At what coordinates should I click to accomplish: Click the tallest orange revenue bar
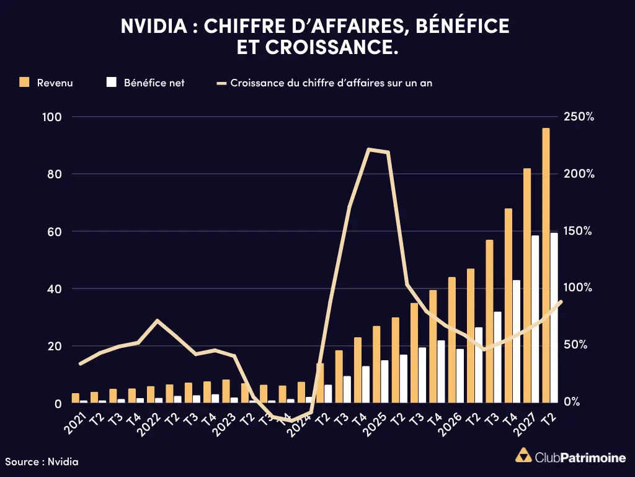[x=546, y=265]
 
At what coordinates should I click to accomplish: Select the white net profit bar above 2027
[x=535, y=319]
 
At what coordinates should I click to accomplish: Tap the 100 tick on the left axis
[x=52, y=117]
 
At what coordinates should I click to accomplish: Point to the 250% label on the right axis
[x=579, y=117]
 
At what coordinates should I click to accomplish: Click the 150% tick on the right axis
[x=579, y=231]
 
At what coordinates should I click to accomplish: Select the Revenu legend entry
[x=46, y=83]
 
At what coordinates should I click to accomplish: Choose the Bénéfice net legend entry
[x=145, y=83]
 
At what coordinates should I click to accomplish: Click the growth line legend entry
[x=324, y=83]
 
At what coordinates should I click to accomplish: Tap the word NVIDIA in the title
[x=154, y=26]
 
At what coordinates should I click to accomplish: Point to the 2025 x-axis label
[x=375, y=424]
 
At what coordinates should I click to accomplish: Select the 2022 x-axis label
[x=149, y=424]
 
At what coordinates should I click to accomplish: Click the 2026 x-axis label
[x=450, y=424]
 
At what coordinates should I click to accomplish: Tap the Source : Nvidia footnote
[x=42, y=461]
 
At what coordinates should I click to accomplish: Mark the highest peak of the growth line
[x=368, y=149]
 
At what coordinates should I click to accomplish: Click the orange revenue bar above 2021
[x=75, y=398]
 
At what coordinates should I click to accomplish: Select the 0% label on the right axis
[x=572, y=402]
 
